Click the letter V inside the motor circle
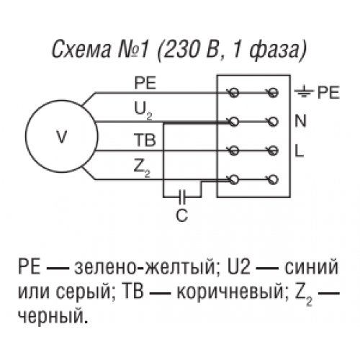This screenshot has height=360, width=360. point(62,137)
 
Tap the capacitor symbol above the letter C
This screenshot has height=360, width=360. point(182,197)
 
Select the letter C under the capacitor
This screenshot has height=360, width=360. point(181,215)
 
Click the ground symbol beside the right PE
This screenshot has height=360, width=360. point(304,92)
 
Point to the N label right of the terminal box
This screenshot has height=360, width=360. point(300,121)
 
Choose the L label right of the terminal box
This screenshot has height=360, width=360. point(300,150)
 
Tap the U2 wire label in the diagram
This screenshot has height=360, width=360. point(143,111)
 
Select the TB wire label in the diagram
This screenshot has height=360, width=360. point(145,140)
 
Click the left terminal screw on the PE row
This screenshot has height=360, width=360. point(234,92)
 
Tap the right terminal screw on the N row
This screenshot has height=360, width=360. point(273,122)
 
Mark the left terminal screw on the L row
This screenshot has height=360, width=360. point(234,150)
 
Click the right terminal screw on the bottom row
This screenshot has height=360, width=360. point(273,179)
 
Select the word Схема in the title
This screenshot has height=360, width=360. point(81,50)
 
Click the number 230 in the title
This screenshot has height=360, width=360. point(183,50)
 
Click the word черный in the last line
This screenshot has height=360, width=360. point(53,317)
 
